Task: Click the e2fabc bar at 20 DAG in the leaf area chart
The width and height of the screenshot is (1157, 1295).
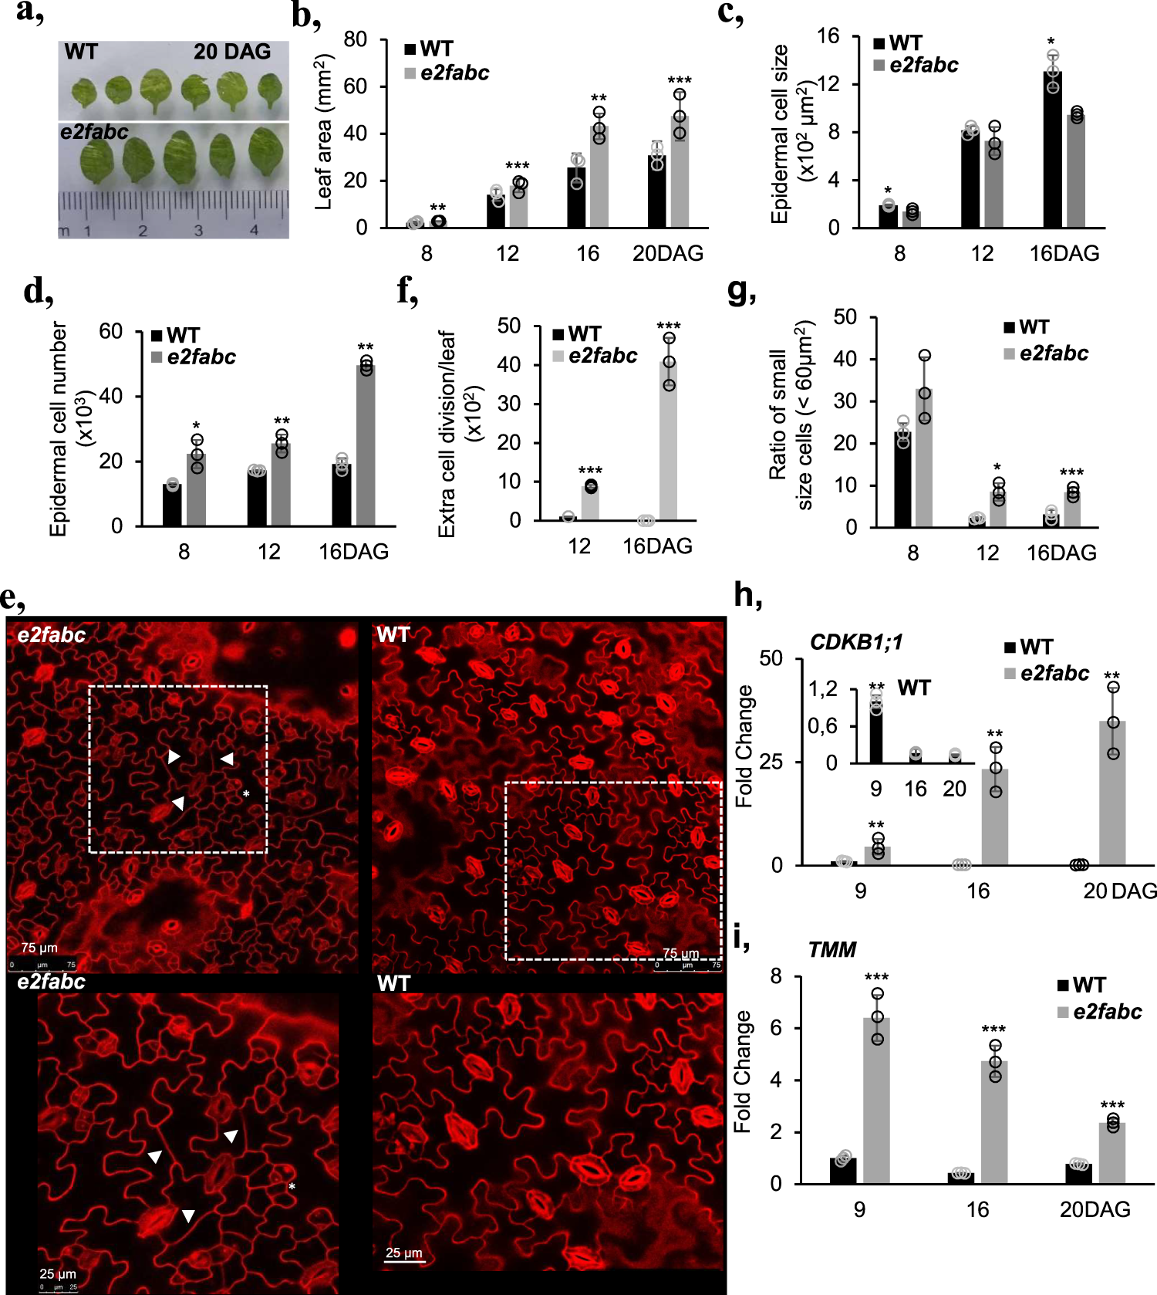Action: [x=679, y=171]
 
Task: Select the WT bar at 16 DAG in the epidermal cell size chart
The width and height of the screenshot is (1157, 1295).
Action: [x=1052, y=150]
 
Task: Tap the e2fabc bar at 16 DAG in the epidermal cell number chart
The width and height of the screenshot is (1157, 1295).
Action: [x=366, y=445]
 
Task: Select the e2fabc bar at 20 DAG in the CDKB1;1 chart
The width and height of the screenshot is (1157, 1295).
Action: [x=1112, y=793]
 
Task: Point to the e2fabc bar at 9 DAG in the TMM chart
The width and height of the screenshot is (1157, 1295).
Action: [x=876, y=1101]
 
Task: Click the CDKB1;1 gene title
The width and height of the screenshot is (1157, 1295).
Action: [x=856, y=641]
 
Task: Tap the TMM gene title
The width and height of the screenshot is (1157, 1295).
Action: [x=831, y=949]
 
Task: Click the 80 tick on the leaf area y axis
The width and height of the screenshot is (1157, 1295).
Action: [x=355, y=39]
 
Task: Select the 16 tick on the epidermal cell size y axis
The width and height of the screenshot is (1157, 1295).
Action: [x=828, y=36]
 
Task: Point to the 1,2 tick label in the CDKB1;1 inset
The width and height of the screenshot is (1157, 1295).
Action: [x=822, y=688]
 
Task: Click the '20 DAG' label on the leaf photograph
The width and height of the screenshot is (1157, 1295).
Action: [x=232, y=52]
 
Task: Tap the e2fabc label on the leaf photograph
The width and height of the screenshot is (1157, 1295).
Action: [x=94, y=132]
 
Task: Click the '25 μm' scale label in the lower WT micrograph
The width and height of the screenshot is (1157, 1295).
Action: [x=403, y=1253]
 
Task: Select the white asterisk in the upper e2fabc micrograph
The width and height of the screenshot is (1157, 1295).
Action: [x=246, y=794]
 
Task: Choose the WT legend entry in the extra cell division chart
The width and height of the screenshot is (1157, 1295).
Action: [x=577, y=334]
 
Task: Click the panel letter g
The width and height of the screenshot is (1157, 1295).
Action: [x=741, y=292]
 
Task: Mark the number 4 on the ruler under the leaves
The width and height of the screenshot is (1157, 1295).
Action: [x=254, y=230]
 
